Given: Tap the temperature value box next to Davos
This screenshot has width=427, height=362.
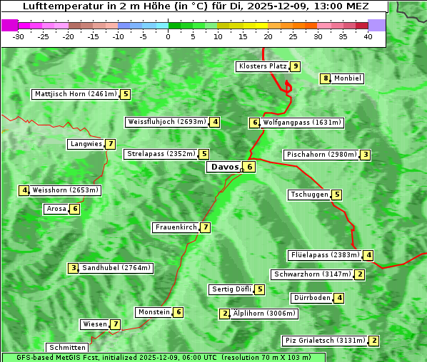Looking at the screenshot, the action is coord(248,167).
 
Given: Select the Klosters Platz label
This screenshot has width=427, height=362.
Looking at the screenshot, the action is coord(262,66).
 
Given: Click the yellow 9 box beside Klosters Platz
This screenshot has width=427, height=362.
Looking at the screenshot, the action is coord(295,66).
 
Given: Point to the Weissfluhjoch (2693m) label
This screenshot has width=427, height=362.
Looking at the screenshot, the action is coord(167,122).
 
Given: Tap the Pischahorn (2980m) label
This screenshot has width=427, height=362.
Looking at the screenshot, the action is coord(321,155).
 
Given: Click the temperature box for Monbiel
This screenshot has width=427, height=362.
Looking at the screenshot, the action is coord(326,78).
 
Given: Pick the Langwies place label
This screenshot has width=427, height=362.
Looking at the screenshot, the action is coord(85,144).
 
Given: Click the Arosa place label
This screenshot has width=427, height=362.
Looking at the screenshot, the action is coord(56,209).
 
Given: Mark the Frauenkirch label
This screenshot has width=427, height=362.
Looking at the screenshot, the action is coord(175,227).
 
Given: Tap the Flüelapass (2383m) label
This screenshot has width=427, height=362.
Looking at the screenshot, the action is coord(324,255).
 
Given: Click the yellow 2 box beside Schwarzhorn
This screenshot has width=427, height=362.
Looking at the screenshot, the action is coord(360,274).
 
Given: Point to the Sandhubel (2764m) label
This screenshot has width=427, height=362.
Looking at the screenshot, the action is coord(116,268).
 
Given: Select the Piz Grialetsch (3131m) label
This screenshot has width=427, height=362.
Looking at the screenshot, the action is coord(325,341).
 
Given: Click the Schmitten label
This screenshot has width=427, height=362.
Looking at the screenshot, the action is coord(67,348).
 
